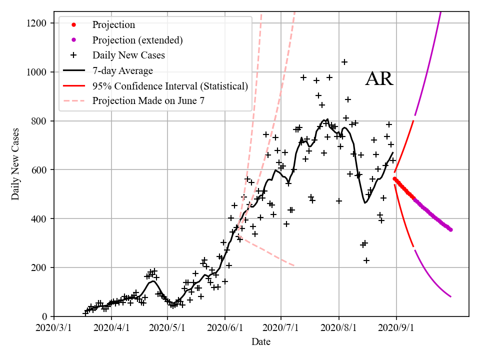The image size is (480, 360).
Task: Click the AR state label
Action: click(379, 79)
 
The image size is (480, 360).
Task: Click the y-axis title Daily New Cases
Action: click(15, 163)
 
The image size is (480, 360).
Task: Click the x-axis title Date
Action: click(261, 342)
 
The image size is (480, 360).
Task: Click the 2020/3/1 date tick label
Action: click(54, 328)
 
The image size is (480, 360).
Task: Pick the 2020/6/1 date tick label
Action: click(225, 328)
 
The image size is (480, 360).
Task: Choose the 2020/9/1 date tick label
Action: click(396, 328)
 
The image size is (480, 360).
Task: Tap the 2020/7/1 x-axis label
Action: click(281, 328)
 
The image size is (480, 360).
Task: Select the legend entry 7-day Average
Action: click(122, 70)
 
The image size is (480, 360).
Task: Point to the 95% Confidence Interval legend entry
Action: click(170, 86)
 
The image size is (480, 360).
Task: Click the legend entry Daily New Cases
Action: click(128, 55)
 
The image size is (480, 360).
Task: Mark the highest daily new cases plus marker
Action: click(344, 62)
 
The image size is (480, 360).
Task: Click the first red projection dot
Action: click(394, 178)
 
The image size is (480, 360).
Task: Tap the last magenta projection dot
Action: click(450, 229)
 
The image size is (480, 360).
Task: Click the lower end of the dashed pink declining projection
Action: click(293, 265)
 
